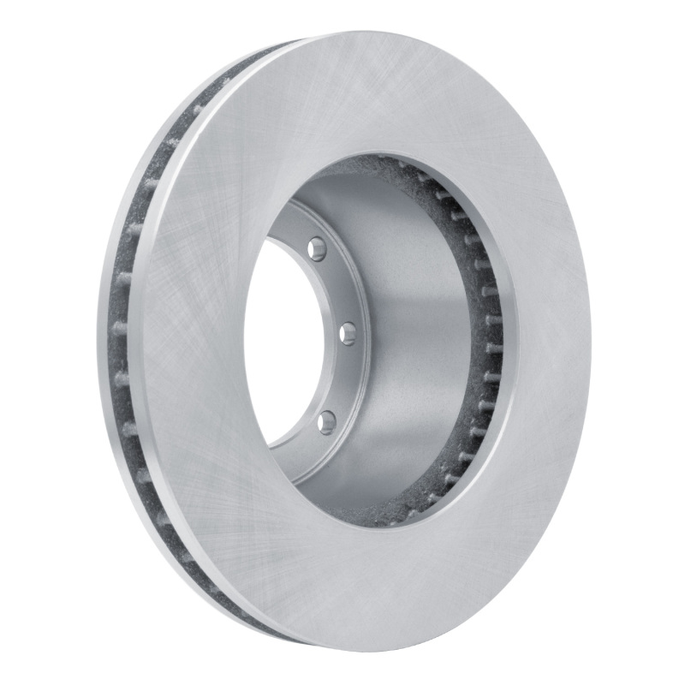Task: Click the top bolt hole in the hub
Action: tap(319, 248)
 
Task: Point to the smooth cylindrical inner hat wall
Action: tap(411, 342)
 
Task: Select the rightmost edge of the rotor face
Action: tap(590, 342)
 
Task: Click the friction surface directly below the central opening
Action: tap(377, 591)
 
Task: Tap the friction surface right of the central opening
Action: tap(548, 342)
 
